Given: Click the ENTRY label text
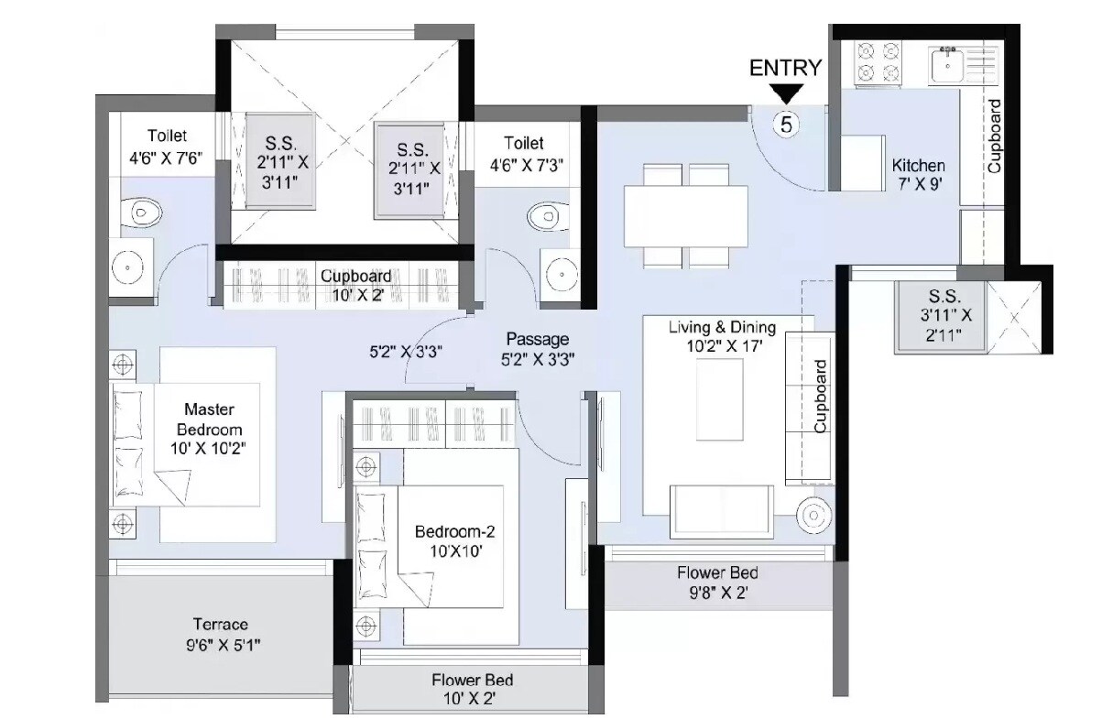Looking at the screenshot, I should click(785, 68).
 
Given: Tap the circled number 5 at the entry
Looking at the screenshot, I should click(786, 123).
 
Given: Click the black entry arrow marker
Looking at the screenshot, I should click(786, 93).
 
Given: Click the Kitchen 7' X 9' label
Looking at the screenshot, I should click(918, 174).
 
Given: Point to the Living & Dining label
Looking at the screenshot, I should click(722, 336).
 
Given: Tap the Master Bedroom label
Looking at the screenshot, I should click(209, 429).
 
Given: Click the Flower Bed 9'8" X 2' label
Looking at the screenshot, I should click(717, 583).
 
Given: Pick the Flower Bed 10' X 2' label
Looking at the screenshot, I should click(472, 690).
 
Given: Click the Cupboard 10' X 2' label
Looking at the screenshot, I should click(355, 285).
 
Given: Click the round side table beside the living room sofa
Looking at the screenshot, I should click(813, 515).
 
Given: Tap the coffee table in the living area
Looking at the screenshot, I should click(720, 399).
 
